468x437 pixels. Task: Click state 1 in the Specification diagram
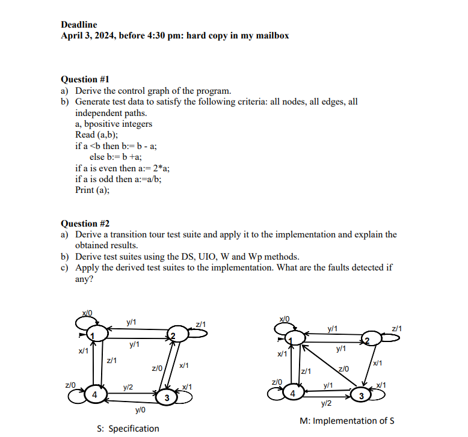(94, 333)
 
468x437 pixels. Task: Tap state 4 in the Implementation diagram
(293, 394)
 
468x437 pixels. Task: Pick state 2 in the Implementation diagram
(367, 340)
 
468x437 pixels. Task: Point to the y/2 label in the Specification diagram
(128, 388)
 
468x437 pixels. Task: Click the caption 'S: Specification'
(128, 429)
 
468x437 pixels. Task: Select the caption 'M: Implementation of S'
(346, 421)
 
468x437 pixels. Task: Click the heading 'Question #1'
(85, 79)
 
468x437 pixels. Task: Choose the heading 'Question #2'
(85, 224)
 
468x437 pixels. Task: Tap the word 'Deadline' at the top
(79, 25)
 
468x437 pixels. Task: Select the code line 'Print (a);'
(93, 190)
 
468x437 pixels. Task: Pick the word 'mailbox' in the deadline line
(272, 35)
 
